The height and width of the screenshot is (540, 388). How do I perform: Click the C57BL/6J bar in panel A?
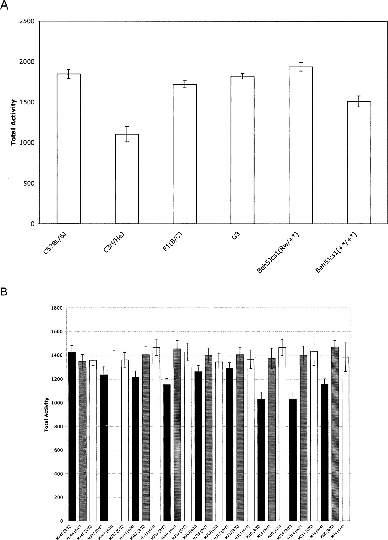coord(69,149)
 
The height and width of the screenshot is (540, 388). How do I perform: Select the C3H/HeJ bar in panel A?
coord(127,179)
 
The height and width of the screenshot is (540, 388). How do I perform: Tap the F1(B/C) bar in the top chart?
coord(185,154)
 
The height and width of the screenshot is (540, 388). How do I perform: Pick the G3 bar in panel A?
coord(243,150)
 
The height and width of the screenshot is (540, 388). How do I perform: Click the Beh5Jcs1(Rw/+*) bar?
coord(301,145)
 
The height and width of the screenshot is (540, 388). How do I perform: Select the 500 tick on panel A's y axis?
coord(29,183)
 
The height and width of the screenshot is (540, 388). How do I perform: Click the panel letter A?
coord(4,5)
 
